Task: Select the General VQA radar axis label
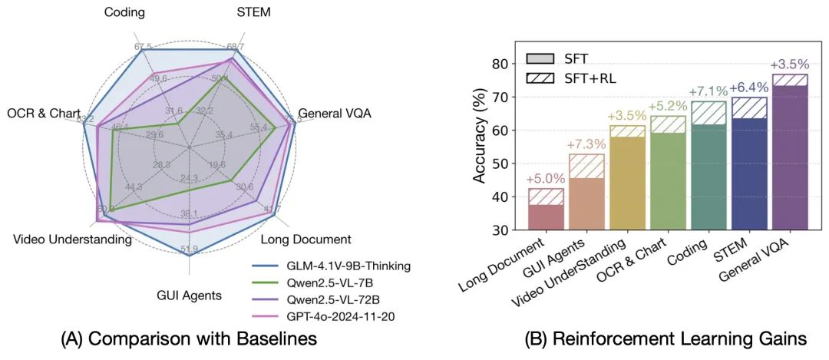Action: coord(334,114)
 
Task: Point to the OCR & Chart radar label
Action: coord(44,114)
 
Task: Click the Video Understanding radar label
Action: coord(72,239)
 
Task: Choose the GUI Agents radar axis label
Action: coord(189,295)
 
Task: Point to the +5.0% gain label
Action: coord(546,179)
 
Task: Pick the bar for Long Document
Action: coord(547,216)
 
